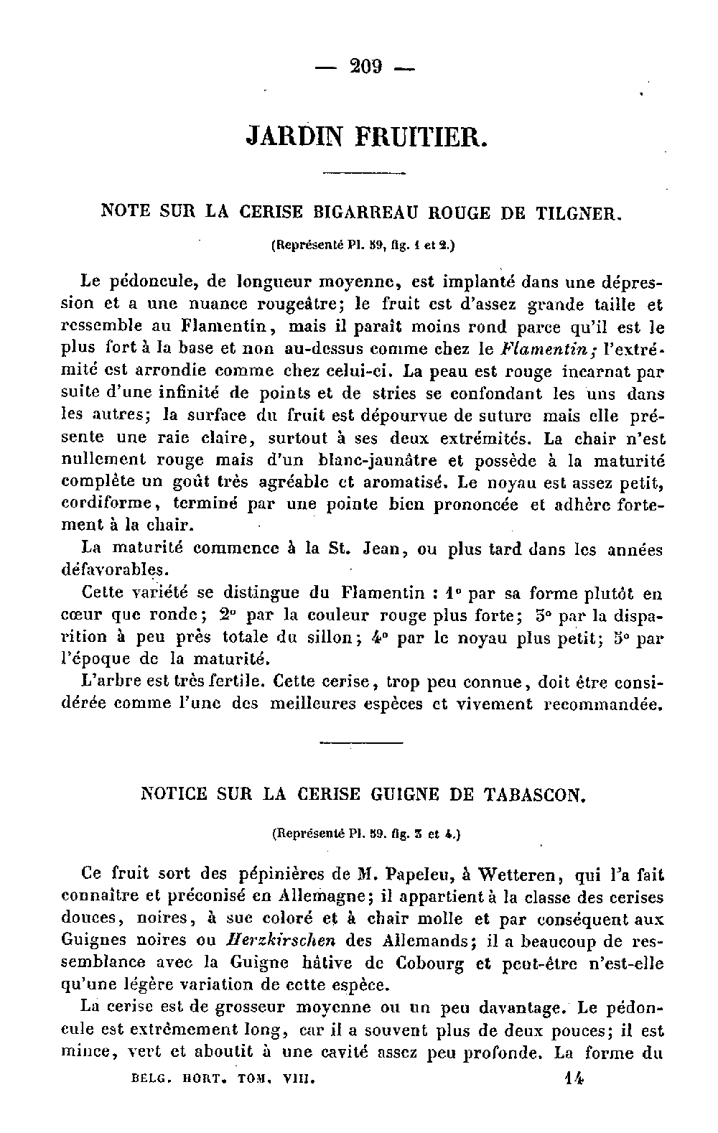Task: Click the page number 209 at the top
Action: (365, 67)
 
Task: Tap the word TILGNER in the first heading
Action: (577, 213)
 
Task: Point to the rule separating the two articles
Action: (360, 742)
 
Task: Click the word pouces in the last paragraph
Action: (581, 1031)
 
